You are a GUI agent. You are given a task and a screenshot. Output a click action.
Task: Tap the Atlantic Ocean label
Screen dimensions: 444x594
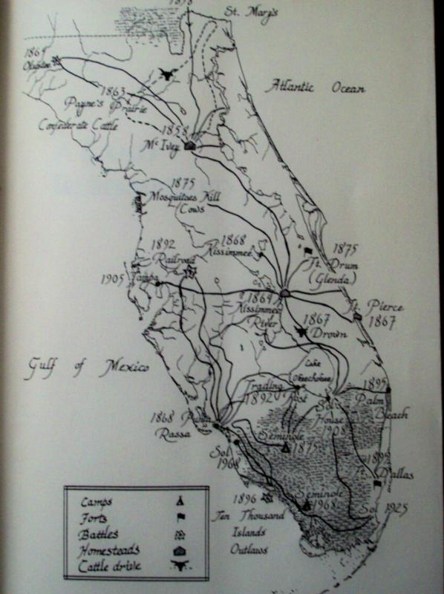[x=316, y=88]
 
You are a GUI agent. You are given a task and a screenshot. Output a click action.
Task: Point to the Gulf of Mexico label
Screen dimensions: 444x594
[x=88, y=366]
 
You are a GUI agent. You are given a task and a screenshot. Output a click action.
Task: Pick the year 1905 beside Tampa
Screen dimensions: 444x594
[x=113, y=278]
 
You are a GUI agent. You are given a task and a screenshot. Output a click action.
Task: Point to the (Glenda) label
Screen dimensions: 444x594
[x=332, y=278]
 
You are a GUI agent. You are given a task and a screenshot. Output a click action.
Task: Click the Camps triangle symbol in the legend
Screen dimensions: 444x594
[x=180, y=500]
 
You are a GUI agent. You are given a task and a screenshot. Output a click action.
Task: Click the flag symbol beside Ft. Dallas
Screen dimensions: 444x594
[x=377, y=484]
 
